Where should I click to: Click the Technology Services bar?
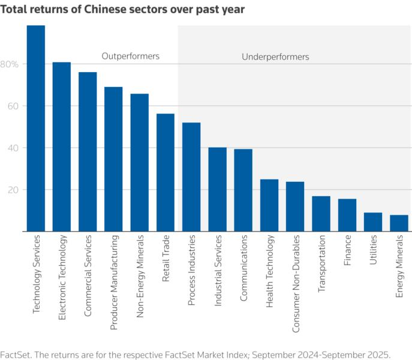tap(36, 128)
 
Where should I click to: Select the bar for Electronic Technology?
tap(62, 147)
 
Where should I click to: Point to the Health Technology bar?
tap(269, 205)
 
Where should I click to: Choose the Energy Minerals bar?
tap(399, 223)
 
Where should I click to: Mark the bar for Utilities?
tap(373, 222)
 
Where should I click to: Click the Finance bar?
tap(347, 215)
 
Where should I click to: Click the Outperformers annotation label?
tap(130, 56)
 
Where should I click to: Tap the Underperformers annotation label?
tap(275, 57)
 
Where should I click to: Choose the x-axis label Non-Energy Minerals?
tap(140, 275)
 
